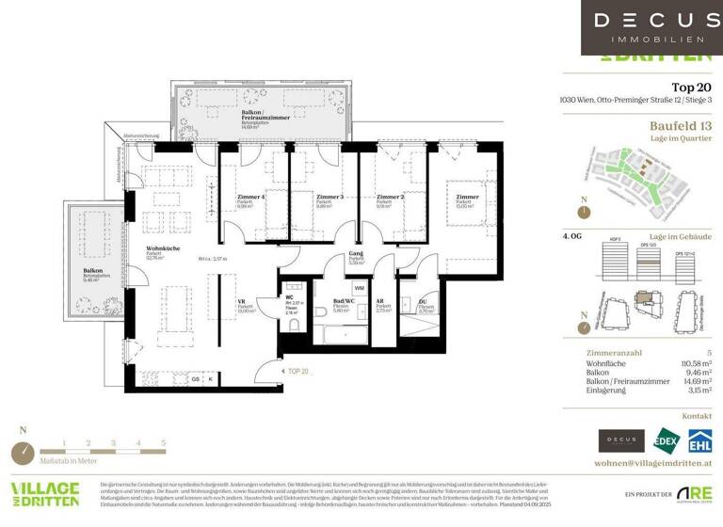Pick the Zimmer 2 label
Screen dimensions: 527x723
390,198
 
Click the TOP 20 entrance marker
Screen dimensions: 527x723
298,372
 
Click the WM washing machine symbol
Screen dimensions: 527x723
360,288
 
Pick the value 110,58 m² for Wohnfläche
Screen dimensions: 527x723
691,360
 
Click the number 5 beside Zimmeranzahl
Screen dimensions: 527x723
708,351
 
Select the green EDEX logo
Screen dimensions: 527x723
666,440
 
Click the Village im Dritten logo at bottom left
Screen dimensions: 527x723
44,495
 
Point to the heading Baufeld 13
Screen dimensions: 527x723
681,125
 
